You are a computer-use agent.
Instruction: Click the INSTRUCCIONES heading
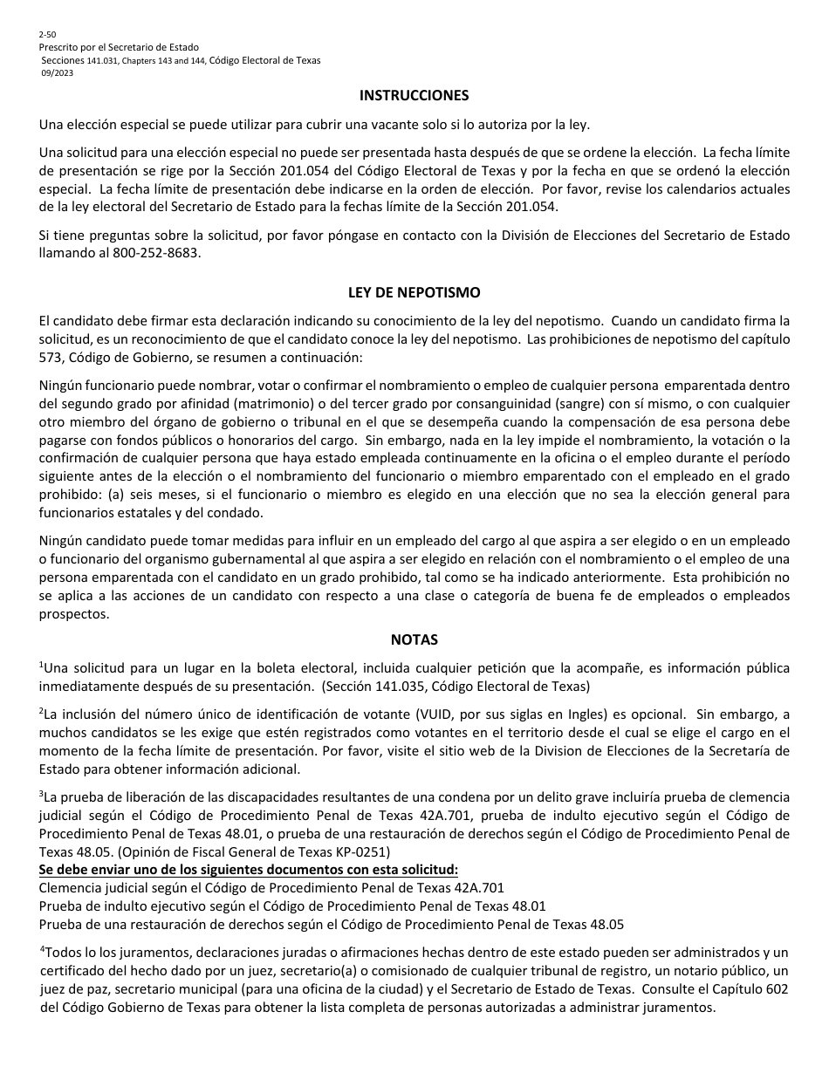pos(414,96)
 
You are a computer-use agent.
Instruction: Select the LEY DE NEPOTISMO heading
pos(414,293)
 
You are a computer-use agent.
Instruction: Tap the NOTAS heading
pos(414,639)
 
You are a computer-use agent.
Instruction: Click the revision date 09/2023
pos(57,73)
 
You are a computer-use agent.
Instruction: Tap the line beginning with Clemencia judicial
pos(271,888)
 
